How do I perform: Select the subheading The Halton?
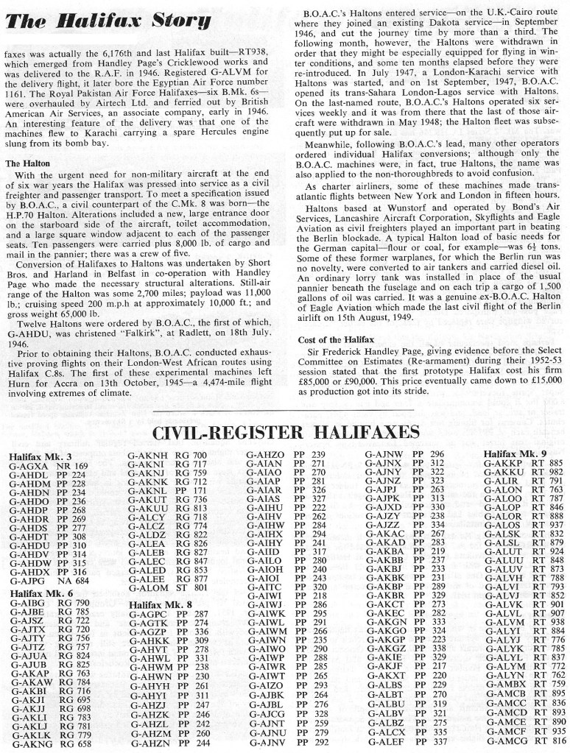(x=29, y=163)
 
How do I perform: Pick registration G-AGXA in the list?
(x=27, y=467)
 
